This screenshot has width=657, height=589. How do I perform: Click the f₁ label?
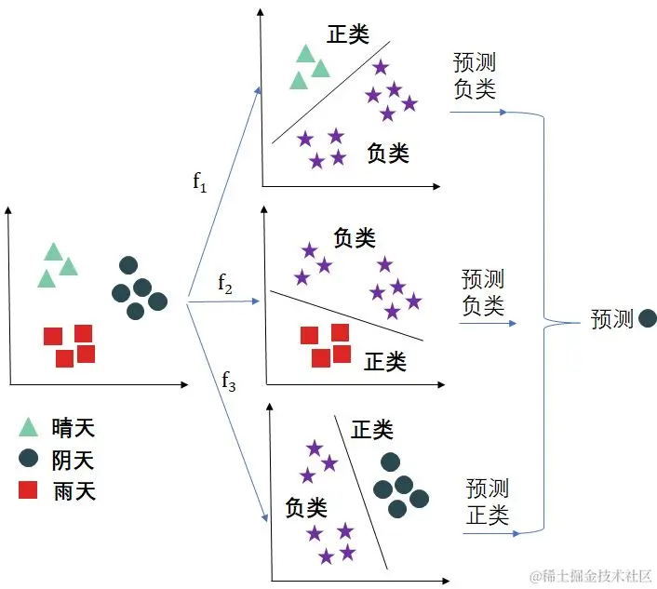199,181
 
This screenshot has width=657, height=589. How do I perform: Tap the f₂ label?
225,283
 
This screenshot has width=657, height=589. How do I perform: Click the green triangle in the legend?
29,427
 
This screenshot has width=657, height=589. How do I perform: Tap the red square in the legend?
29,490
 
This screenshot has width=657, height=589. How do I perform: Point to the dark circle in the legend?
29,459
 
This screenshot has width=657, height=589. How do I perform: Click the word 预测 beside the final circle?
611,319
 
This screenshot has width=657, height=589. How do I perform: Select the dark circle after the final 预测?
648,319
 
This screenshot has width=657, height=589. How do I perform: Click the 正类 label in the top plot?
348,34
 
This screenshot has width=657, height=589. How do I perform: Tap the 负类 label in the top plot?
388,153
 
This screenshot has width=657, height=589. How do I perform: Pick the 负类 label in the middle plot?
355,238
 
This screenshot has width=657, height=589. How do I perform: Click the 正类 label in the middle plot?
384,360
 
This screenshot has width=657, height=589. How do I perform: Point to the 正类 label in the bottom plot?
372,429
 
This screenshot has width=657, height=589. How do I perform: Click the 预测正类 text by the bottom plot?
488,501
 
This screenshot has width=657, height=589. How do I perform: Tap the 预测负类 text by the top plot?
475,76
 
